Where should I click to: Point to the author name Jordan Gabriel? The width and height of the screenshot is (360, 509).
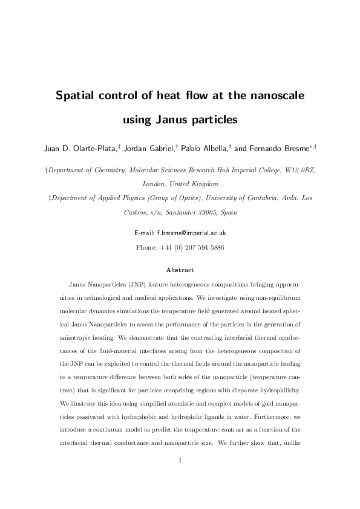coord(146,149)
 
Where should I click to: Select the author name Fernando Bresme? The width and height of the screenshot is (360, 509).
coord(281,149)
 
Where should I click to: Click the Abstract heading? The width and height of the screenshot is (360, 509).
coord(180,270)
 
